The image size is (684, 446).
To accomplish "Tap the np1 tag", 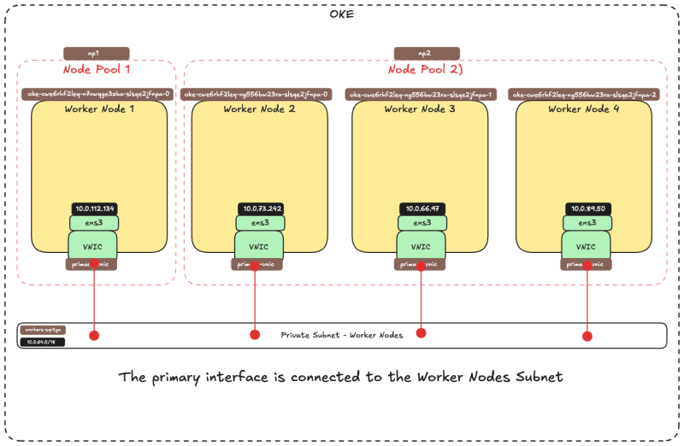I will click(96, 53).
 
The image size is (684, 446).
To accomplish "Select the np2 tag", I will click(427, 53).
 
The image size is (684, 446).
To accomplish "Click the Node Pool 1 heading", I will click(97, 69).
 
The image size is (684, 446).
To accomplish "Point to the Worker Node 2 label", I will click(259, 109).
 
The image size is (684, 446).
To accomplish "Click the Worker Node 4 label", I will click(584, 109).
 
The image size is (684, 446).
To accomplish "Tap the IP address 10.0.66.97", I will click(422, 208).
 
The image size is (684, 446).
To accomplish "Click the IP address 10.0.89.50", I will click(586, 208).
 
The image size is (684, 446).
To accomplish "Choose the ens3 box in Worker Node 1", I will click(94, 223).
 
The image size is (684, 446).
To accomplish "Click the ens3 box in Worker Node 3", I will click(422, 223).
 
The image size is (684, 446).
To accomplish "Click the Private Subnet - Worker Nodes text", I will click(341, 335).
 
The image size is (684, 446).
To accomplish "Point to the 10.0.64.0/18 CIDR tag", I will click(41, 343).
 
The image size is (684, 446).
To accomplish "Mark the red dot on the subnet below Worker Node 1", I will click(94, 336).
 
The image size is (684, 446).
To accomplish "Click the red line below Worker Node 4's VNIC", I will click(587, 299).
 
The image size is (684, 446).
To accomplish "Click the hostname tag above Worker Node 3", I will click(422, 94).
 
